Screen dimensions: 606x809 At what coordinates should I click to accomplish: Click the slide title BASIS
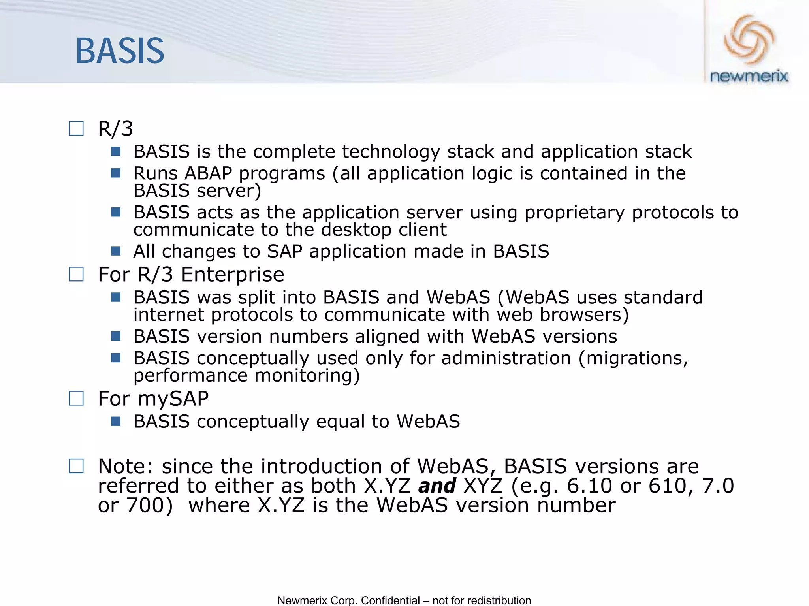(x=120, y=51)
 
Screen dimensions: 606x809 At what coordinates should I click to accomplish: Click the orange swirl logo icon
(x=749, y=40)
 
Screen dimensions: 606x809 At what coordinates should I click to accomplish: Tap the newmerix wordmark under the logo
(x=749, y=76)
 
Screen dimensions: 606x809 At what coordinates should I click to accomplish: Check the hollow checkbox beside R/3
(x=76, y=129)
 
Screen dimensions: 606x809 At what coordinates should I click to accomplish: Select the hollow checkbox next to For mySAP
(x=76, y=398)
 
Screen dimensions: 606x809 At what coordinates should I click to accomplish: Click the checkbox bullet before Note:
(x=76, y=466)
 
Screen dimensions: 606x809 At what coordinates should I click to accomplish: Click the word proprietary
(x=574, y=213)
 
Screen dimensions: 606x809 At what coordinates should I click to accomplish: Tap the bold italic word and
(x=437, y=486)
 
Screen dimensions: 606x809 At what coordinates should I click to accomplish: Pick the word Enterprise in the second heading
(x=232, y=275)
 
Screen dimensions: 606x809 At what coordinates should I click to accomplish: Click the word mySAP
(x=173, y=399)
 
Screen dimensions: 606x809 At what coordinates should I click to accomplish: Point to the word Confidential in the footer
(x=390, y=600)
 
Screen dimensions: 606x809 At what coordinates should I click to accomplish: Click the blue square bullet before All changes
(x=116, y=251)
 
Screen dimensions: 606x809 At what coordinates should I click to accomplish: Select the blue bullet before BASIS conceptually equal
(x=116, y=421)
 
